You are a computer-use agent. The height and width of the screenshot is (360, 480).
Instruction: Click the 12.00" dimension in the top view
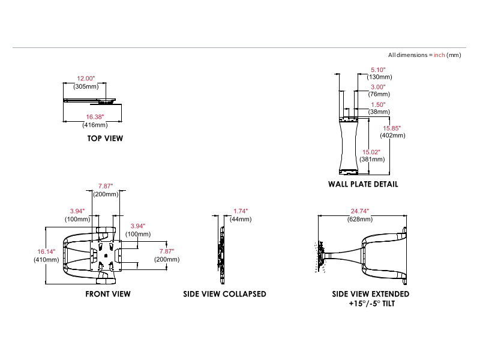click(x=86, y=79)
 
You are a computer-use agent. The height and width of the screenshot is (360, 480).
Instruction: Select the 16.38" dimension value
click(x=95, y=117)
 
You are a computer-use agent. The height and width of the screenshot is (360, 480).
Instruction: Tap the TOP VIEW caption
click(x=105, y=139)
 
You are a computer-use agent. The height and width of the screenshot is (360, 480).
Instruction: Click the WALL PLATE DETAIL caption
click(x=363, y=185)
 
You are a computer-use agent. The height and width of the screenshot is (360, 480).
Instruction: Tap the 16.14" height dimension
click(x=46, y=252)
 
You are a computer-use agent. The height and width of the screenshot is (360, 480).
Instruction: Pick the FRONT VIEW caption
click(x=108, y=294)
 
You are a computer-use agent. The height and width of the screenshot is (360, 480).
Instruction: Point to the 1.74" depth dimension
click(x=240, y=211)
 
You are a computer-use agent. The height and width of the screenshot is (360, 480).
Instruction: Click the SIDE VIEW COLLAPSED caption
click(x=224, y=294)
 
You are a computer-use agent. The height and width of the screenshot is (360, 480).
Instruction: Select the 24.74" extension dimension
click(x=360, y=211)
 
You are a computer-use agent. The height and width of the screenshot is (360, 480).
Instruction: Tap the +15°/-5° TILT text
click(x=371, y=304)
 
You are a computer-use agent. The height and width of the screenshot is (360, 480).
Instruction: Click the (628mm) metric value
click(x=360, y=219)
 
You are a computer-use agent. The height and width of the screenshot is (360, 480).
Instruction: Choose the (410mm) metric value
click(x=46, y=260)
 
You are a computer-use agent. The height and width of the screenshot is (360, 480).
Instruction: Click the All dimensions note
click(x=424, y=55)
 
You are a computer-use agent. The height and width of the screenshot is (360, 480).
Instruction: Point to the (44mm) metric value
click(x=240, y=219)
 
